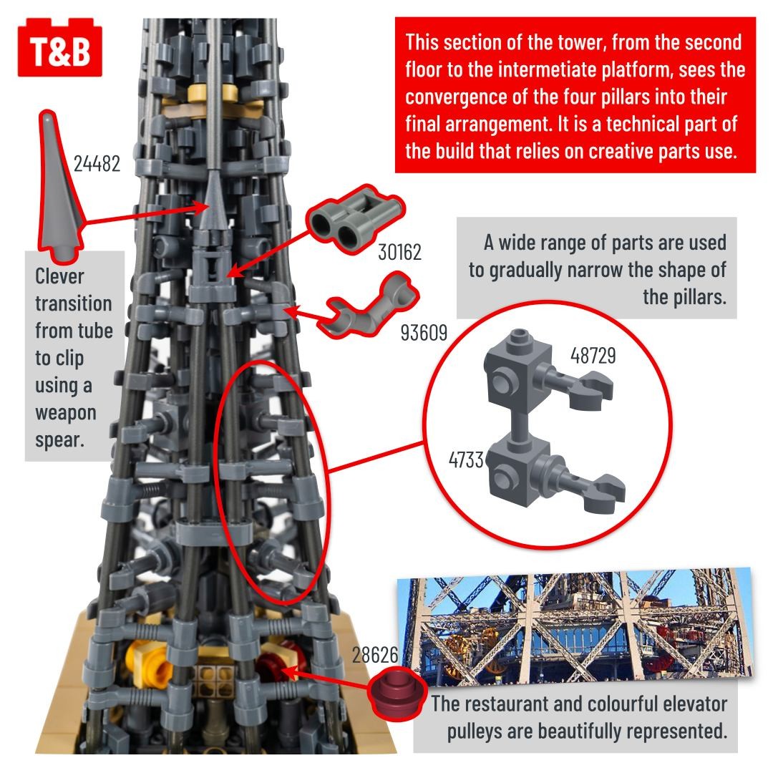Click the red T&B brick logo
point(59,48)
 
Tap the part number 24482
point(97,164)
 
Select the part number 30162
point(399,253)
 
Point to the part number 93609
point(424,333)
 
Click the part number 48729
point(593,356)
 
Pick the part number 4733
point(466,460)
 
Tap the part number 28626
point(374,655)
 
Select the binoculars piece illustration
point(354,218)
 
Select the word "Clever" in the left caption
point(59,276)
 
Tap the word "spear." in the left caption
point(59,439)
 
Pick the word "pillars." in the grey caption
point(684,297)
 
